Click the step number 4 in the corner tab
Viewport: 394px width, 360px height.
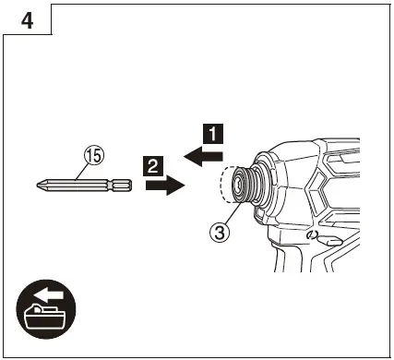tap(28, 20)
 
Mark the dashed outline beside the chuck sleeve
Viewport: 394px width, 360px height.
tap(224, 188)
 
